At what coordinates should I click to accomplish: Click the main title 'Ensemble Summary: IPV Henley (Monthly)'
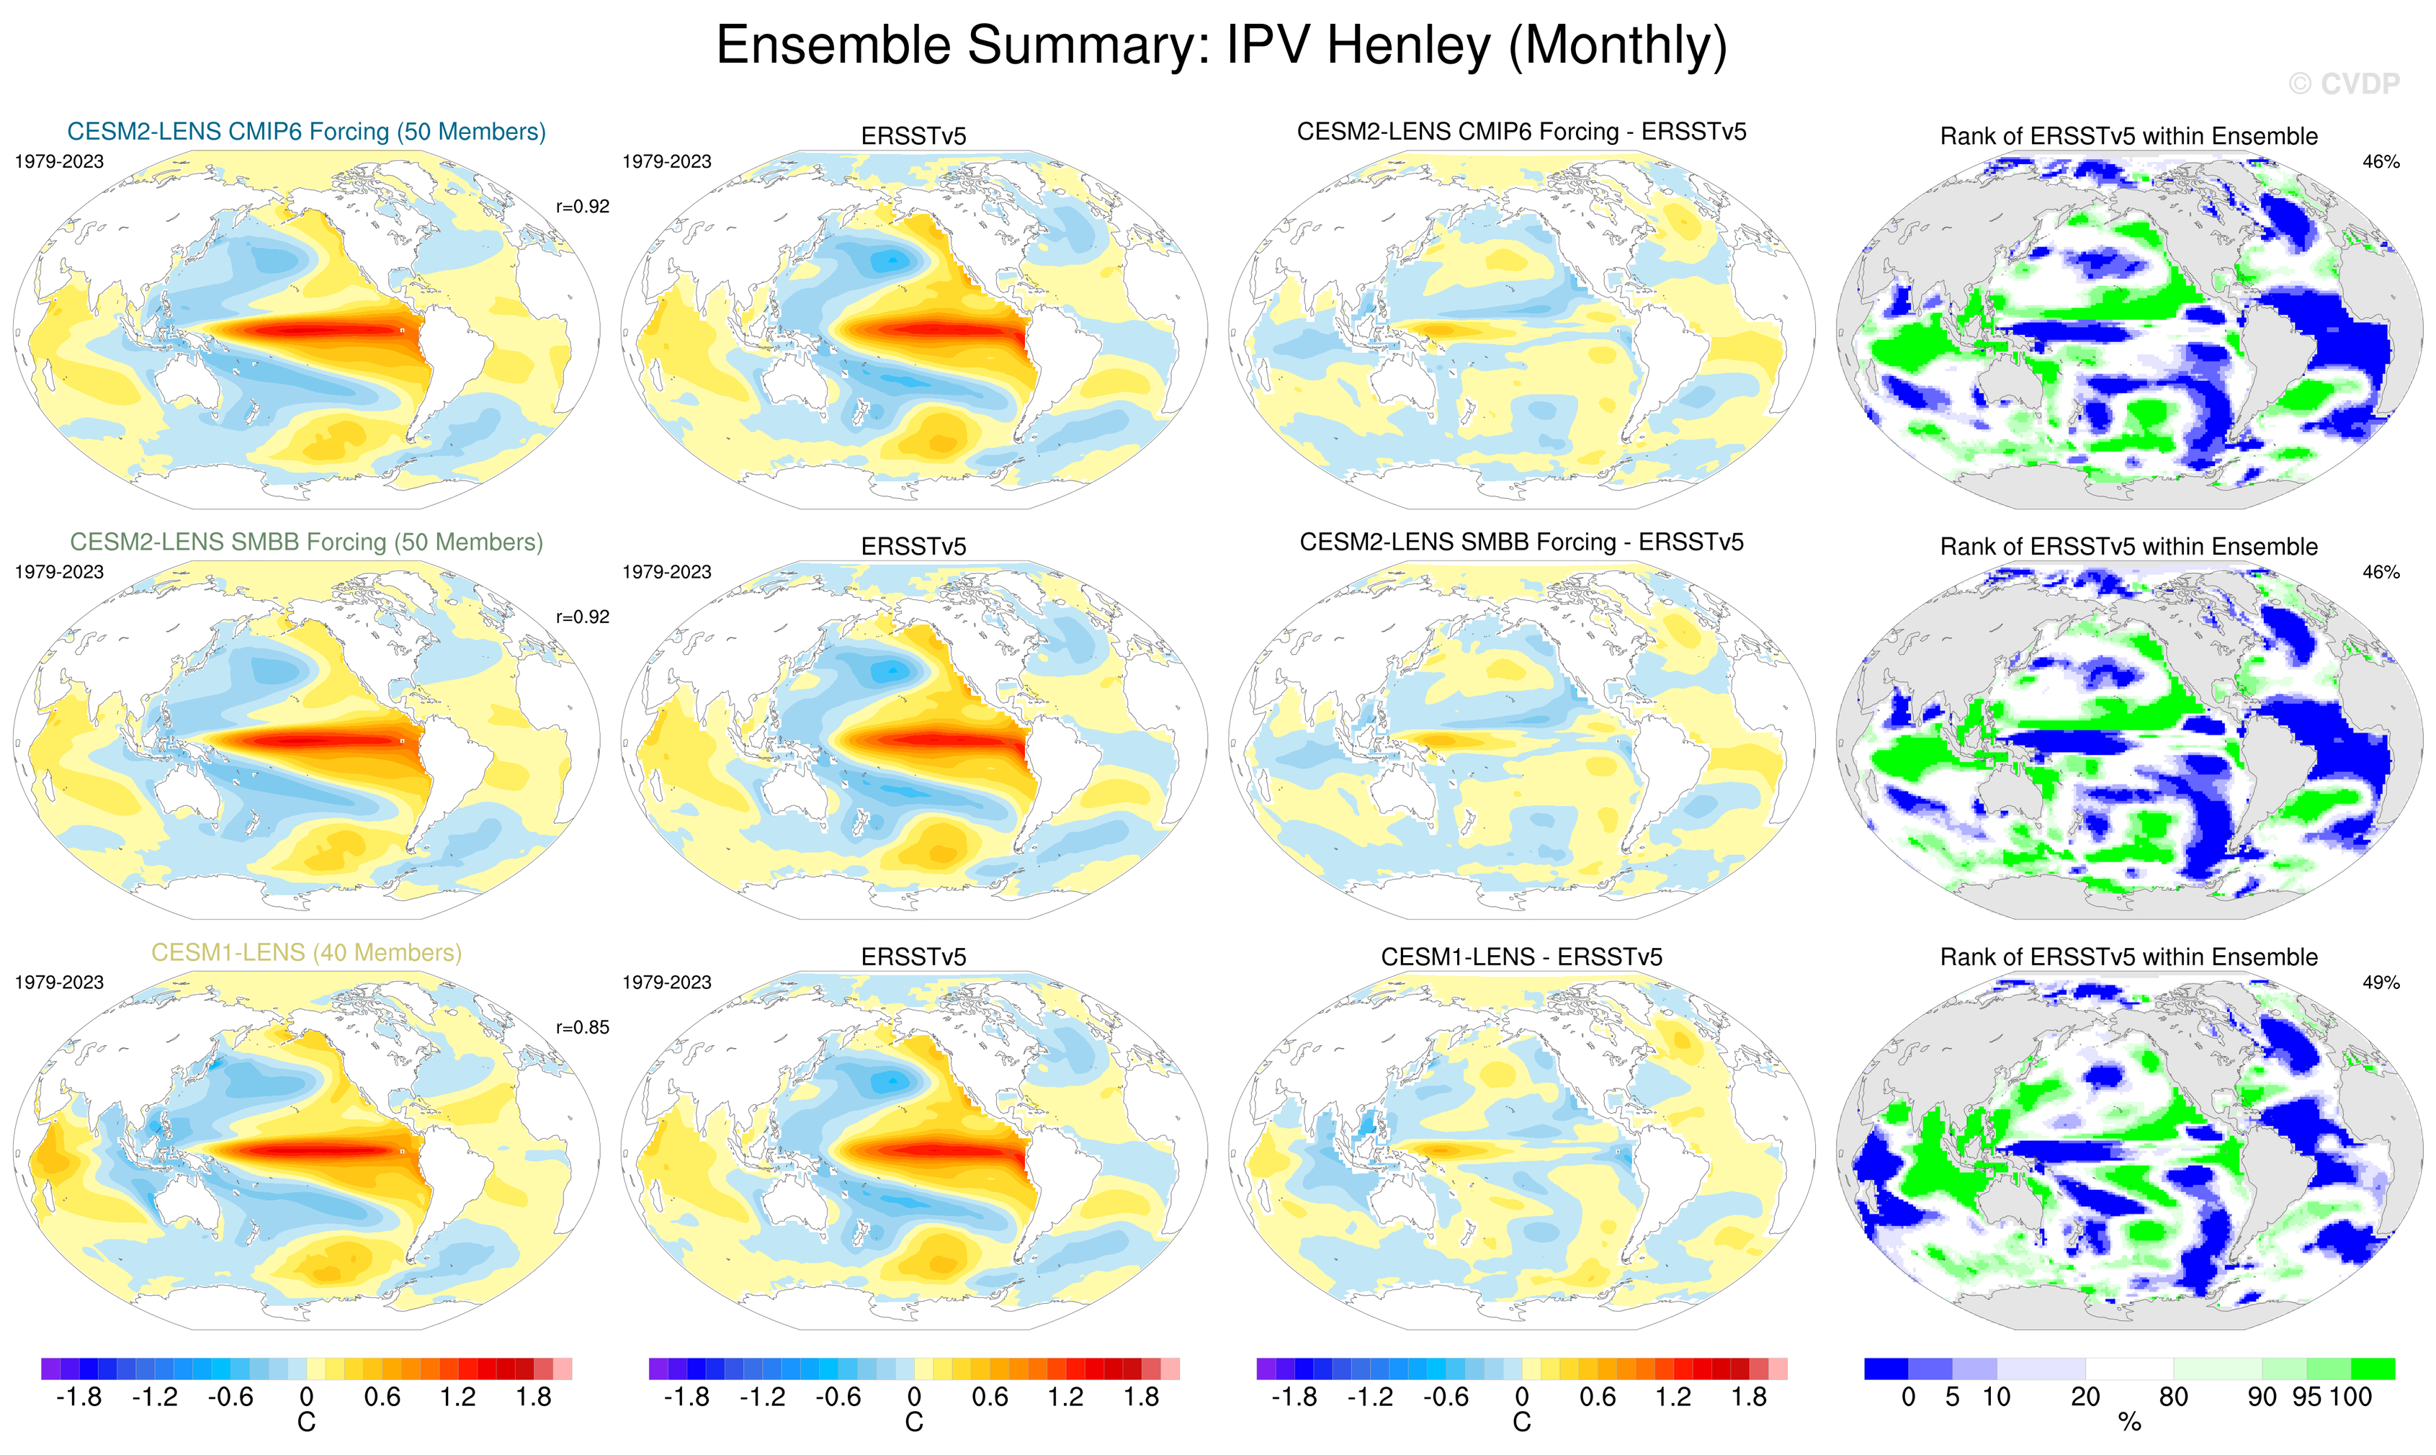1220,46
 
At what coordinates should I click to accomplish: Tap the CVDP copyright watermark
2343,84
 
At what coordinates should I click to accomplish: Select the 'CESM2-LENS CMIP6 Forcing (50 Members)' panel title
306,131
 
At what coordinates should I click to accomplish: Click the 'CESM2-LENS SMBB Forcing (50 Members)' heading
306,542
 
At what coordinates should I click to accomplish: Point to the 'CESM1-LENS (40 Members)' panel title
306,952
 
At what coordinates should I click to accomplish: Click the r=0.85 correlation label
582,1028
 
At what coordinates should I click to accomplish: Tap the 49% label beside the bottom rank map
2380,982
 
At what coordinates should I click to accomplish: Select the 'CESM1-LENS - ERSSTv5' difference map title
1521,957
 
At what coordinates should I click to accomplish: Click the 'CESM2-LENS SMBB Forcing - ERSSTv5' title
1521,542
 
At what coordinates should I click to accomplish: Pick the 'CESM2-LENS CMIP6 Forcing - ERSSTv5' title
1521,131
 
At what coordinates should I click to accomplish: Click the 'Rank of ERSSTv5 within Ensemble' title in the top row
2128,136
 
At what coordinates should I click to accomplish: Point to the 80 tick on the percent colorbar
2173,1397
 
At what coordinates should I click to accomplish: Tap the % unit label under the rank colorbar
2129,1423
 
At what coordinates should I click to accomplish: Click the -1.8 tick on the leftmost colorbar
79,1397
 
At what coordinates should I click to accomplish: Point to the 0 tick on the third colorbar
1521,1397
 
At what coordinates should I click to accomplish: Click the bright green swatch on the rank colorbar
2373,1369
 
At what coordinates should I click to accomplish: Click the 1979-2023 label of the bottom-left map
59,982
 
